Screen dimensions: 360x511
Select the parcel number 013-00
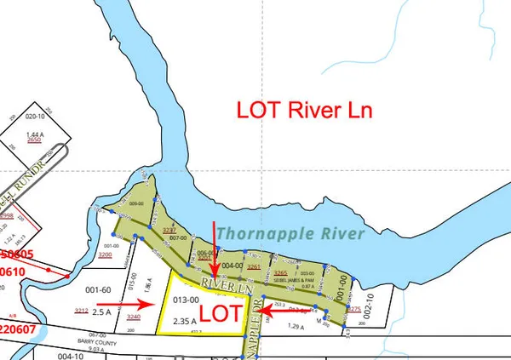[x=186, y=300]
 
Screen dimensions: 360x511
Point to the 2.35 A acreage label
[x=186, y=321]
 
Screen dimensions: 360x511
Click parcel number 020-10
[x=35, y=117]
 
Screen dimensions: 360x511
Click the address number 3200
[x=106, y=254]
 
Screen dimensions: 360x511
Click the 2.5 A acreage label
[x=103, y=312]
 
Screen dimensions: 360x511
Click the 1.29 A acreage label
[x=295, y=326]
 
